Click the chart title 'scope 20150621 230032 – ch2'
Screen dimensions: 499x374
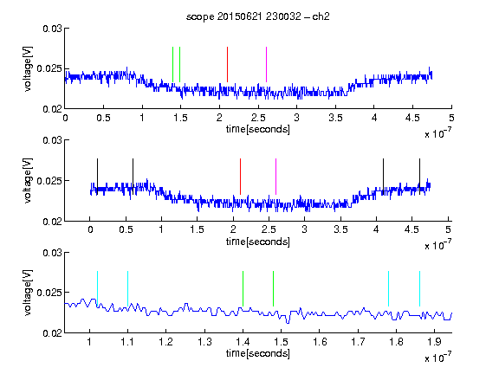(258, 16)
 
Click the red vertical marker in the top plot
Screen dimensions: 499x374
(227, 65)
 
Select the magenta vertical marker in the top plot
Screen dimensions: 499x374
(266, 65)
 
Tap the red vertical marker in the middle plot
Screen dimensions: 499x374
(240, 177)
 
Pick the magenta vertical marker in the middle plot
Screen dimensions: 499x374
(275, 177)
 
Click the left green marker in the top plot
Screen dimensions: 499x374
(172, 65)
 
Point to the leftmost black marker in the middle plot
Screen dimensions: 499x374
(97, 177)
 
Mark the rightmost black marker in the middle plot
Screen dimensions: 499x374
(420, 177)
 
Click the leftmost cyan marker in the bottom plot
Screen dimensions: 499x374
(97, 289)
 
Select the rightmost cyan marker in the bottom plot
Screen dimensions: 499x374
(420, 289)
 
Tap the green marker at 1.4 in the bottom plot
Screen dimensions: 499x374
(243, 289)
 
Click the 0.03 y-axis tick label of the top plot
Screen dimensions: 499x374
(52, 29)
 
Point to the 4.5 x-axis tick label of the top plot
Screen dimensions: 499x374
(412, 118)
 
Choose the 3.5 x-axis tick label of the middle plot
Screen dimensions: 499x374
(340, 229)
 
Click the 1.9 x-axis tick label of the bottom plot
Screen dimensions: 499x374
(434, 342)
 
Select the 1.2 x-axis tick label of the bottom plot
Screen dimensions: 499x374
(166, 342)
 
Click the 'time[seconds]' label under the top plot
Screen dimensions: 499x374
(258, 129)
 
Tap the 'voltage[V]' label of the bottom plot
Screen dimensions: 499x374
(28, 293)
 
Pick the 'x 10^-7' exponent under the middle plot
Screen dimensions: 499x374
(437, 245)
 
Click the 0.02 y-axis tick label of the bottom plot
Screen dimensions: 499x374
(52, 333)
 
